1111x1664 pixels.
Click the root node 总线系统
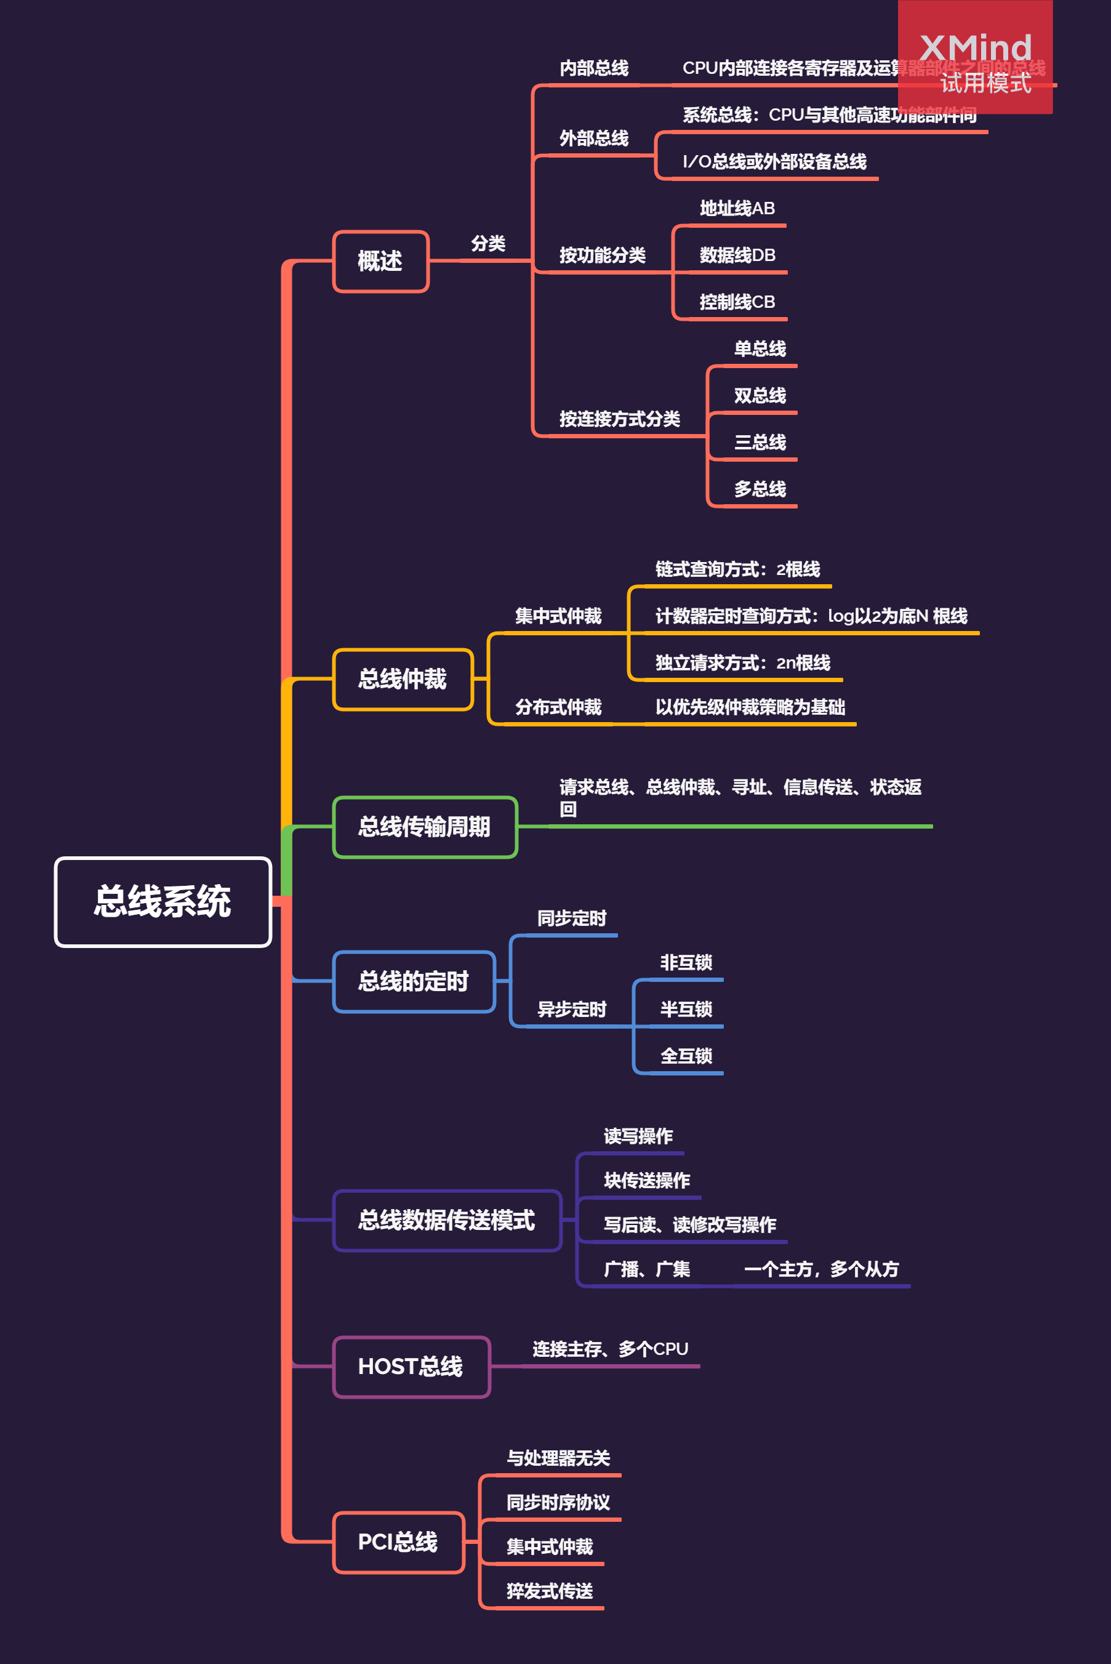(163, 901)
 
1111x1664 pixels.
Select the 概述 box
(380, 261)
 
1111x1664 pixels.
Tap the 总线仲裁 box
(403, 679)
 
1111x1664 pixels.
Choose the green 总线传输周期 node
(425, 826)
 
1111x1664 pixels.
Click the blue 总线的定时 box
(414, 981)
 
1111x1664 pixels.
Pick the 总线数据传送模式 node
(446, 1220)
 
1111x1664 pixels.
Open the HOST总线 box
(411, 1366)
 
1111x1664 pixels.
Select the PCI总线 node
(398, 1542)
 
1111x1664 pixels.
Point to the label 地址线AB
(737, 208)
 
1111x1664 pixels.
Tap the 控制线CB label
(737, 302)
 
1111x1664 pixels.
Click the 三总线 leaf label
(760, 442)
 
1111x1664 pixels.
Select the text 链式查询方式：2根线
(737, 569)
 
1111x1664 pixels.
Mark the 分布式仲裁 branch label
(558, 707)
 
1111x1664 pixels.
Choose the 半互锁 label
(686, 1009)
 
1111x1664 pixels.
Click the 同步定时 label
(572, 918)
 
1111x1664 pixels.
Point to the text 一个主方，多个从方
(820, 1269)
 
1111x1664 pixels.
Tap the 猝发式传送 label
(550, 1591)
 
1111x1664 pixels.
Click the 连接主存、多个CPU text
(610, 1349)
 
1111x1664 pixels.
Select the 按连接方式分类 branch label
(619, 419)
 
